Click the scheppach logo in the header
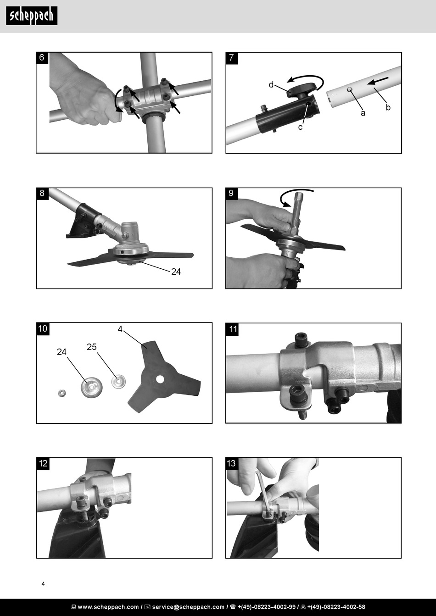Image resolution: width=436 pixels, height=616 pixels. pyautogui.click(x=32, y=16)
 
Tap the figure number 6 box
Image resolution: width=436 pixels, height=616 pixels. pyautogui.click(x=42, y=58)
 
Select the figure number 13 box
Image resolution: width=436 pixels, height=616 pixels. pyautogui.click(x=231, y=463)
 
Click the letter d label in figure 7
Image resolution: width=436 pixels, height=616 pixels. pyautogui.click(x=271, y=85)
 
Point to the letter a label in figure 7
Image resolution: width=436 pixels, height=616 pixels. pyautogui.click(x=363, y=113)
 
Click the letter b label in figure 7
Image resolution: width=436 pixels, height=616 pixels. pyautogui.click(x=388, y=107)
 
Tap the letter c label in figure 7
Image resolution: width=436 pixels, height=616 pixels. pyautogui.click(x=300, y=127)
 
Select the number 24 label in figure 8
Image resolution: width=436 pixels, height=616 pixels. pyautogui.click(x=176, y=272)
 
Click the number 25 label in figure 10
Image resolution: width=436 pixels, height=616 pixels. pyautogui.click(x=92, y=347)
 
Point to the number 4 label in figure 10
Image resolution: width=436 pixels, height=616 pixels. pyautogui.click(x=120, y=329)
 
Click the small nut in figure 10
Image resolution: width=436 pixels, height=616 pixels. pyautogui.click(x=61, y=393)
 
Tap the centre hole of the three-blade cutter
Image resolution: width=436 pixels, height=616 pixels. pyautogui.click(x=159, y=379)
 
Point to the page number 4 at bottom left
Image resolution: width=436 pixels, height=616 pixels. pyautogui.click(x=43, y=584)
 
